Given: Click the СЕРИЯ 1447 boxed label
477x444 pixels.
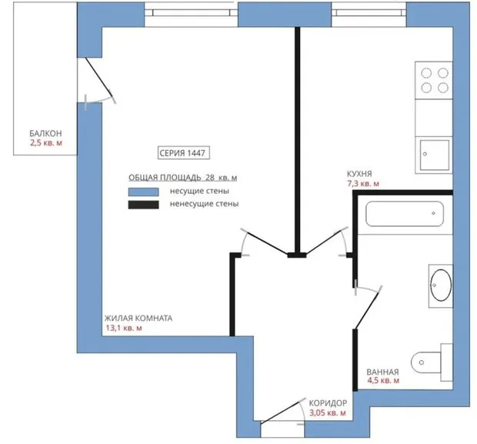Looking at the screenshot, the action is coord(184,153).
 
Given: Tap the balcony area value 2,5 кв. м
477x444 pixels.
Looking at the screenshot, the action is coord(46,142).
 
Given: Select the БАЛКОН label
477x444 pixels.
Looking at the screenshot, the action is coord(45,133).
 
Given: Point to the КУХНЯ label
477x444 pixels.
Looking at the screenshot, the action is coord(359,174).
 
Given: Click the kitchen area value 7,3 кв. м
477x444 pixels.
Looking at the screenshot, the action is coord(363,183).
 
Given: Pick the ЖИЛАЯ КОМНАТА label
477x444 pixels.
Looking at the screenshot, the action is coord(138,319).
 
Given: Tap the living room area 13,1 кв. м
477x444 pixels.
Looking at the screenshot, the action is coord(124,328).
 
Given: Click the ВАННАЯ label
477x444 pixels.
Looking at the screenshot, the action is coord(382,372).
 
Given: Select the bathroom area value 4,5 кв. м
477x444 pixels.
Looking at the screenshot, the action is coord(383,380).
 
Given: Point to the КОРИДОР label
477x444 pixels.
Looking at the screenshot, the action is coord(328,403).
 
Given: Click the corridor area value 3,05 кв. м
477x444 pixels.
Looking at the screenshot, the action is coord(328,413).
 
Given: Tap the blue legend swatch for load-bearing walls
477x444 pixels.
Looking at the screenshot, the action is coord(143,192).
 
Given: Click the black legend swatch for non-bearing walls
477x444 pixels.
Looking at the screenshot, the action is coord(143,205).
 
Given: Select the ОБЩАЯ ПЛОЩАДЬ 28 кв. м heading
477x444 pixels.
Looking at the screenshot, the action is coord(182,178).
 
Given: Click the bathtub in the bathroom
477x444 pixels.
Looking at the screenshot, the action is coord(405,214).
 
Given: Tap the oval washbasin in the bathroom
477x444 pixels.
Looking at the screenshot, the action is coord(441,285).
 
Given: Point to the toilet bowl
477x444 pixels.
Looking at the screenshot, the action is coord(426,362).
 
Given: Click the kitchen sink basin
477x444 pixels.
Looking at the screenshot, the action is coord(435,155).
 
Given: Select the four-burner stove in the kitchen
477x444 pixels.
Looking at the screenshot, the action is coord(434,80).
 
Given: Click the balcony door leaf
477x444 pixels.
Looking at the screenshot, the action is coord(98,76).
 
